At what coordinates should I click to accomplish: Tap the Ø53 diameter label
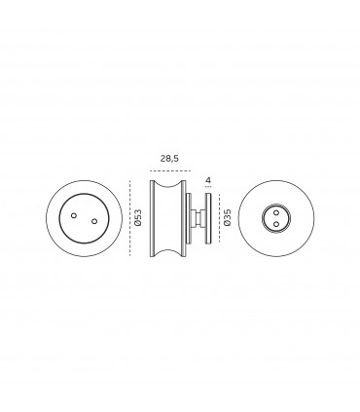tap(139, 219)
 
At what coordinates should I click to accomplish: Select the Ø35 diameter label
tap(227, 219)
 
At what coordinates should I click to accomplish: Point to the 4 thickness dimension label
tap(208, 179)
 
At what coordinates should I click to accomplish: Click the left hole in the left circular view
tap(73, 213)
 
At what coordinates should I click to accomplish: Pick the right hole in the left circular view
tap(93, 221)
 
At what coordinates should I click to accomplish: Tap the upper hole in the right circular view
tap(276, 212)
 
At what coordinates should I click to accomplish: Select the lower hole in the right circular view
tap(276, 224)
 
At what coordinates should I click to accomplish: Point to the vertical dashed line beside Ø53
tap(128, 219)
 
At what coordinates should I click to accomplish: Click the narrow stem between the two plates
tap(199, 219)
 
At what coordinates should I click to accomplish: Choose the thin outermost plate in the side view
tap(208, 219)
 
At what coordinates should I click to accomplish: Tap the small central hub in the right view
tap(276, 218)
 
